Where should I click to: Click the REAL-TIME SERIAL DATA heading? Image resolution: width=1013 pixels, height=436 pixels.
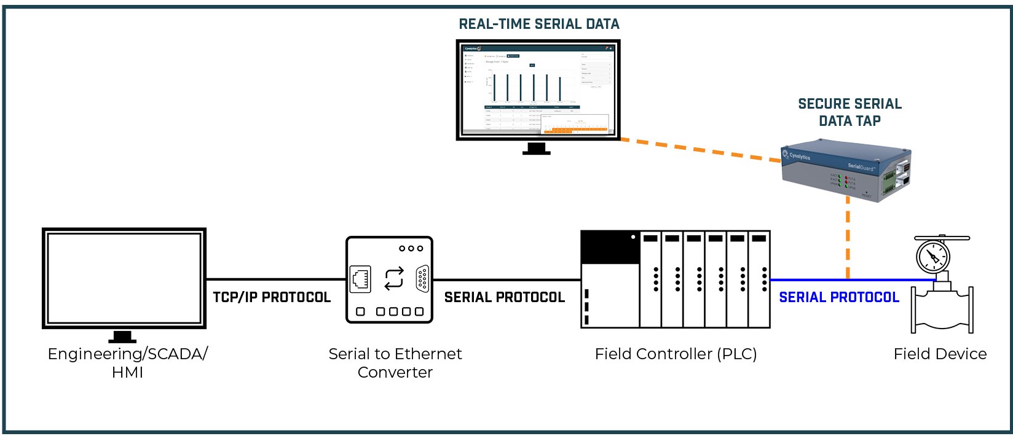pos(539,25)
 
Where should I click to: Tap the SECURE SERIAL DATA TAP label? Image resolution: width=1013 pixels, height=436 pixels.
pos(849,112)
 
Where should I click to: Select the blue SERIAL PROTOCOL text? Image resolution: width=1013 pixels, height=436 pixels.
pos(838,298)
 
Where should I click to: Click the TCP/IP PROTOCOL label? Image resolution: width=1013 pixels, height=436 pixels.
pos(272,298)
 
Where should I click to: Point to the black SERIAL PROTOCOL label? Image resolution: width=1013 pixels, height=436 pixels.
pos(504,298)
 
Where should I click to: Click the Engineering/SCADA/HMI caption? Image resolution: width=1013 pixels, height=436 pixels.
pos(127,363)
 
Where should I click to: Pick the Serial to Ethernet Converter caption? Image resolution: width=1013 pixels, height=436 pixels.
pos(395,363)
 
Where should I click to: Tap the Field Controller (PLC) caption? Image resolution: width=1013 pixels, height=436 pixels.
pos(676,354)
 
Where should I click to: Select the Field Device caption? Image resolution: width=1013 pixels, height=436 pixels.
pos(940,354)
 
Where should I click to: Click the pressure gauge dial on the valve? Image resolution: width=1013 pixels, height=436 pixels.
pos(932,256)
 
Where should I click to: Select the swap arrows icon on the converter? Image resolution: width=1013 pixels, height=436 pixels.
pos(394,279)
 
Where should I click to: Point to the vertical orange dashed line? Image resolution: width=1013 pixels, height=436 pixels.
pos(848,243)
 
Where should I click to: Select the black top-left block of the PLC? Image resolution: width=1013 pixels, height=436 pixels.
pos(610,247)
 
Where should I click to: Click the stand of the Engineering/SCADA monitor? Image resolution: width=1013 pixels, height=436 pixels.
pos(122,337)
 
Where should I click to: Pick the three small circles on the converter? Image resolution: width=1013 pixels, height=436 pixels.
pos(411,249)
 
